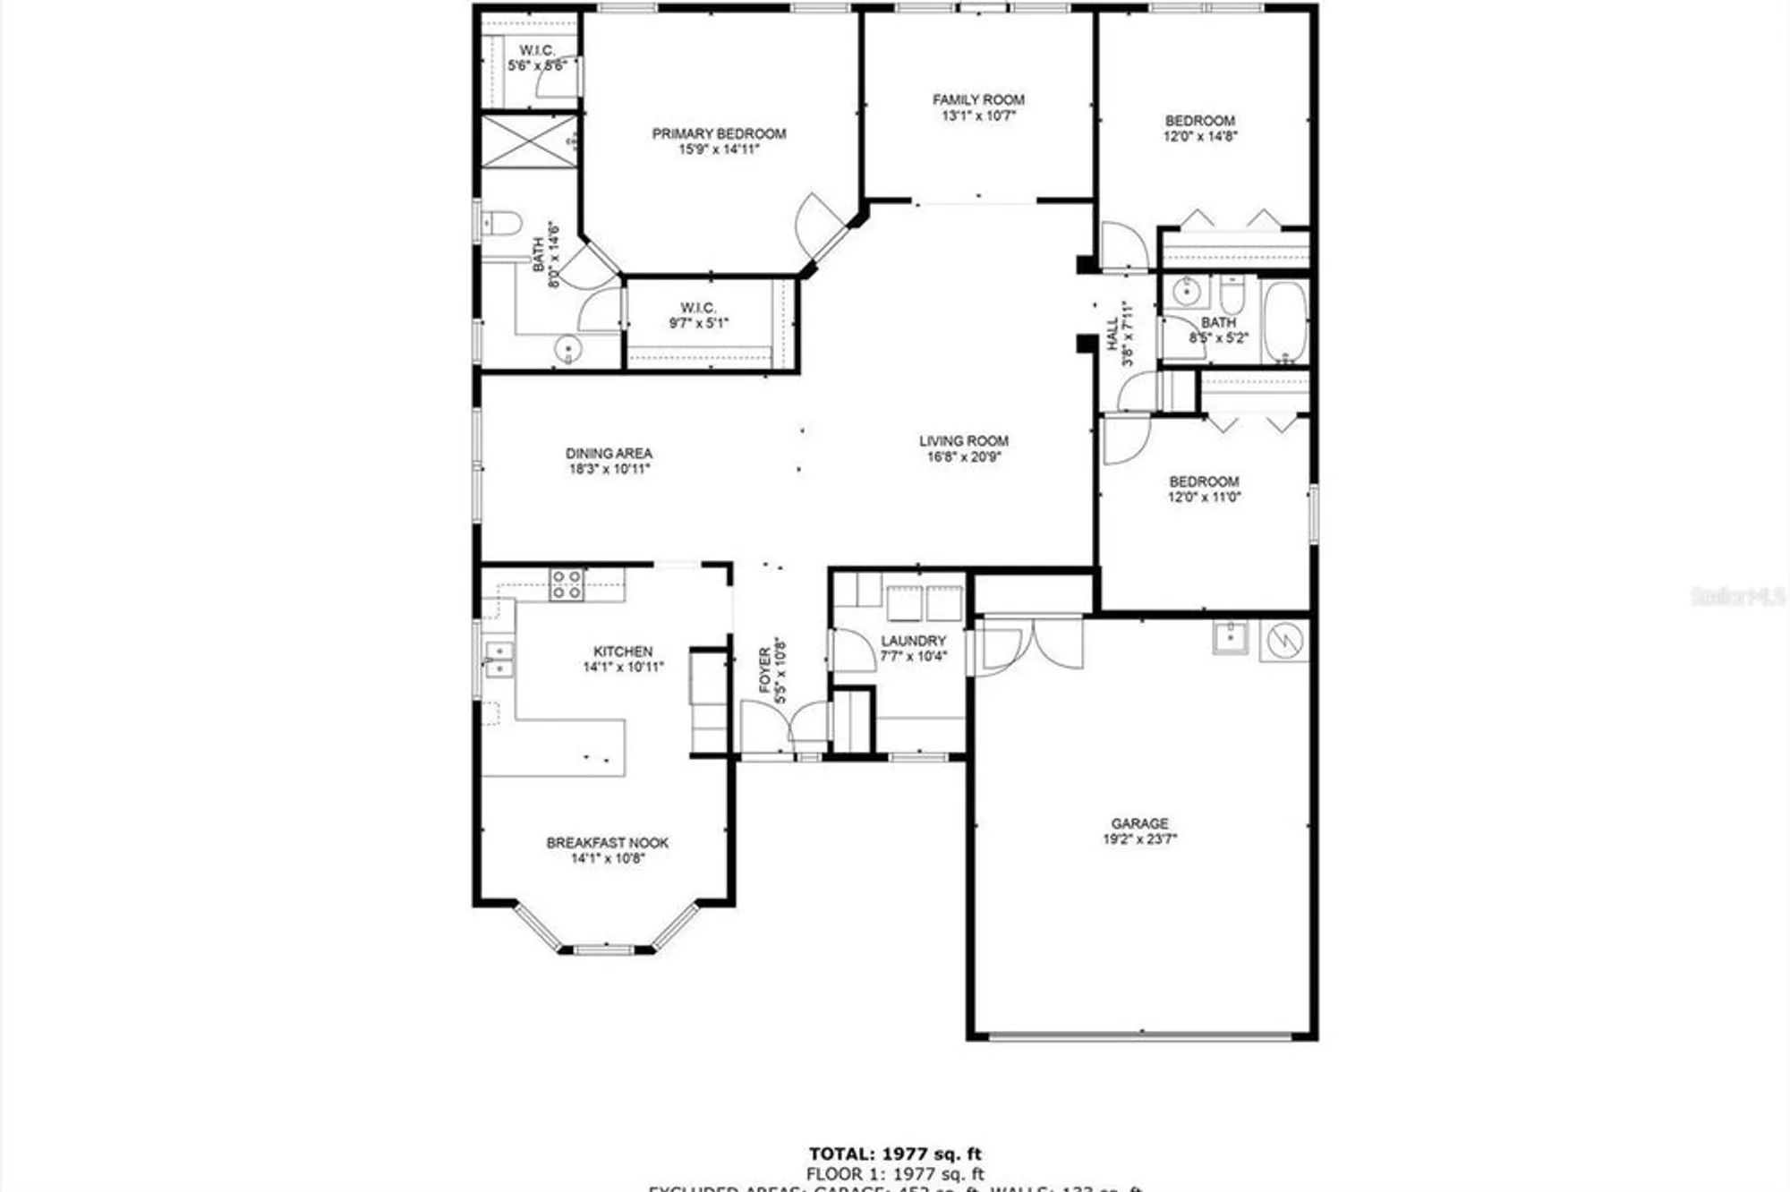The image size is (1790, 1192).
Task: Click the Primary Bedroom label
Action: [x=719, y=134]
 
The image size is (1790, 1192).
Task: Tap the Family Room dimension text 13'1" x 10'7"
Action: [x=978, y=115]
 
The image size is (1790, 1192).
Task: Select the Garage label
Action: [x=1139, y=823]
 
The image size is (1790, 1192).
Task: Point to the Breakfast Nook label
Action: [x=608, y=843]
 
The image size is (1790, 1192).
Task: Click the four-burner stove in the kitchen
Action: [x=566, y=584]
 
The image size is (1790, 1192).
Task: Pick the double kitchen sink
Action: [x=499, y=659]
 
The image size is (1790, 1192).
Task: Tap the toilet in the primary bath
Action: [x=502, y=223]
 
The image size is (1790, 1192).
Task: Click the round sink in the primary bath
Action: [x=567, y=349]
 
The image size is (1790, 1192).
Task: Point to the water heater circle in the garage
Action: [x=1283, y=640]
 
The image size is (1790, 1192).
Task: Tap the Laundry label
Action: [x=913, y=641]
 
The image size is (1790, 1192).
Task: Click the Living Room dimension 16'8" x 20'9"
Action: [x=964, y=457]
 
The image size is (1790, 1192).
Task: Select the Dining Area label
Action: [x=609, y=454]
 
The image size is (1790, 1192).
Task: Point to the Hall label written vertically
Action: [x=1112, y=334]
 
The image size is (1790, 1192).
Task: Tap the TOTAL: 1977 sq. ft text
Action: [x=895, y=1154]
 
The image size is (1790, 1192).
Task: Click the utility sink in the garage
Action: [x=1231, y=637]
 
